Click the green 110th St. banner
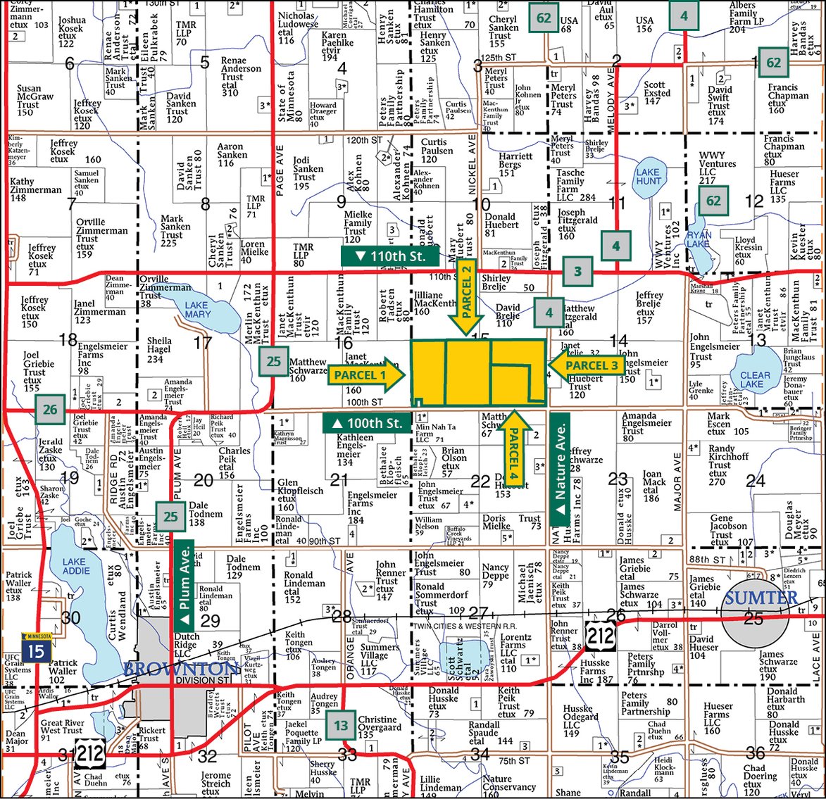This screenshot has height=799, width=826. coord(392,256)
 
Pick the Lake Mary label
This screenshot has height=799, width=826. coord(197,310)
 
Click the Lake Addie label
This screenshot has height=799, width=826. coord(75,566)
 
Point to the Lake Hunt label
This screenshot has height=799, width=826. coord(649,176)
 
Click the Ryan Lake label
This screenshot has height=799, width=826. coord(699,239)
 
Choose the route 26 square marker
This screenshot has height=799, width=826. coord(50,408)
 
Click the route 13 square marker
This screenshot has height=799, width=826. coord(342,725)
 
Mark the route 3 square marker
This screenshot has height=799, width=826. coord(577,272)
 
